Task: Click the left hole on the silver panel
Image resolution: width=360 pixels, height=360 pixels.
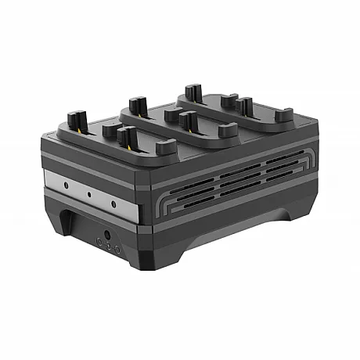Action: coord(67,185)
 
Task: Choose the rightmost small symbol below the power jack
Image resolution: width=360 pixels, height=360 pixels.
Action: coord(117,249)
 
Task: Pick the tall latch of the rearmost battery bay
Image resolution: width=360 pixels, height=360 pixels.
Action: coord(193,92)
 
